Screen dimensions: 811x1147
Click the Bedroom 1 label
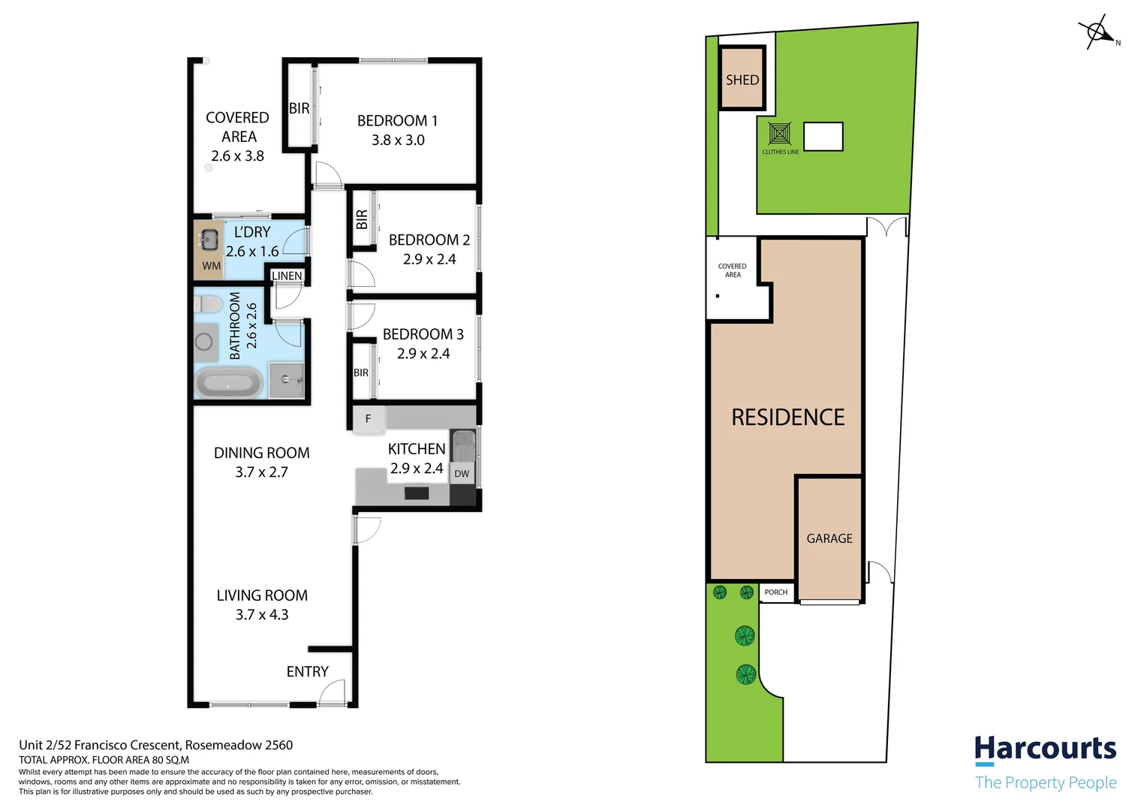coord(397,121)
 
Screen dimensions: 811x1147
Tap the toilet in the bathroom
coord(208,304)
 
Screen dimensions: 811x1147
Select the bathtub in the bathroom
coord(228,383)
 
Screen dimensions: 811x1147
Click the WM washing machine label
coord(212,266)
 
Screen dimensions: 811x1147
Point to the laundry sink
coord(209,240)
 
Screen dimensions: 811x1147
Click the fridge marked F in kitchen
coord(368,419)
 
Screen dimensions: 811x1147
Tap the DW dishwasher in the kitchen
coord(462,474)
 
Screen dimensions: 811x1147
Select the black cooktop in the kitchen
coord(417,493)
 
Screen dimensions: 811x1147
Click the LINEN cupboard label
coord(287,276)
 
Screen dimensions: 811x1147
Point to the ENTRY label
coord(307,672)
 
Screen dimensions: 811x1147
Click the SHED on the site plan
coord(742,80)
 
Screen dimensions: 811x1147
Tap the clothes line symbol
coord(780,134)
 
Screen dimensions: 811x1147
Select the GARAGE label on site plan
coord(829,538)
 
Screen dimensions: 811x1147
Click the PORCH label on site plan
coord(776,592)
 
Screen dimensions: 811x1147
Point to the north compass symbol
coord(1097,33)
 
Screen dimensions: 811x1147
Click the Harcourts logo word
coord(1045,749)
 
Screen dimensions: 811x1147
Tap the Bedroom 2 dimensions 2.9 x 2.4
coord(429,260)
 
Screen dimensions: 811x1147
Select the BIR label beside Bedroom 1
coord(299,109)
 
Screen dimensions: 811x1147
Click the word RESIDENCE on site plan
coord(787,418)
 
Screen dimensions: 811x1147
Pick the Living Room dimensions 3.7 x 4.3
coord(262,615)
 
